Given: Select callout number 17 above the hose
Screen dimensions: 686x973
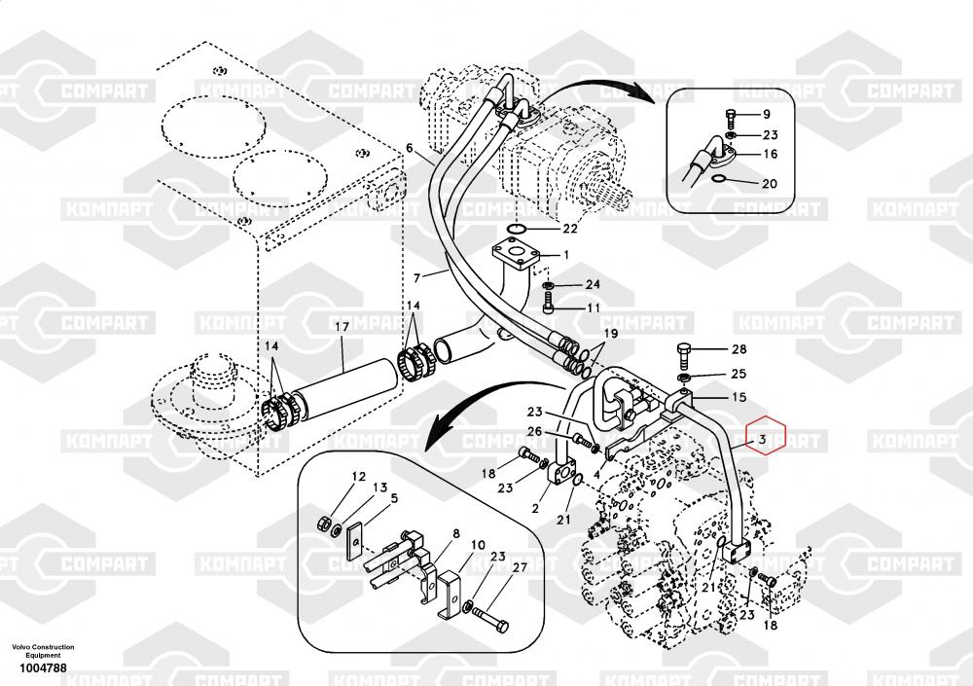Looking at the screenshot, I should tap(342, 327).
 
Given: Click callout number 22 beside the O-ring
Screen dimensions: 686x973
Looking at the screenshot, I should tap(569, 229).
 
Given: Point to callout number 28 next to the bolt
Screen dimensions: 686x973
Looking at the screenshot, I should tap(739, 349).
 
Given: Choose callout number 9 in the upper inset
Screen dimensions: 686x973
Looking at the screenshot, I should tap(766, 115).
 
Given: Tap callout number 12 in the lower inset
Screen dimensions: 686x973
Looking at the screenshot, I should tap(358, 477).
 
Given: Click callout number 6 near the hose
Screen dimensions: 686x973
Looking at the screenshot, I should tap(410, 149).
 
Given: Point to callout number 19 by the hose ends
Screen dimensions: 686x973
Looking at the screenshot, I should tap(609, 333).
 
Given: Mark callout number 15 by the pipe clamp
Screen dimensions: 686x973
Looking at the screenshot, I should tap(739, 397).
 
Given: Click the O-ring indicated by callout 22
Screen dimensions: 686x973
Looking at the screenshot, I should tap(520, 228).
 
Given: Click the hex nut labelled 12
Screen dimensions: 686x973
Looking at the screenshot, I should tap(324, 523).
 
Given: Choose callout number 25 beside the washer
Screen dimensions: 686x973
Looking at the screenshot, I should tap(739, 374).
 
